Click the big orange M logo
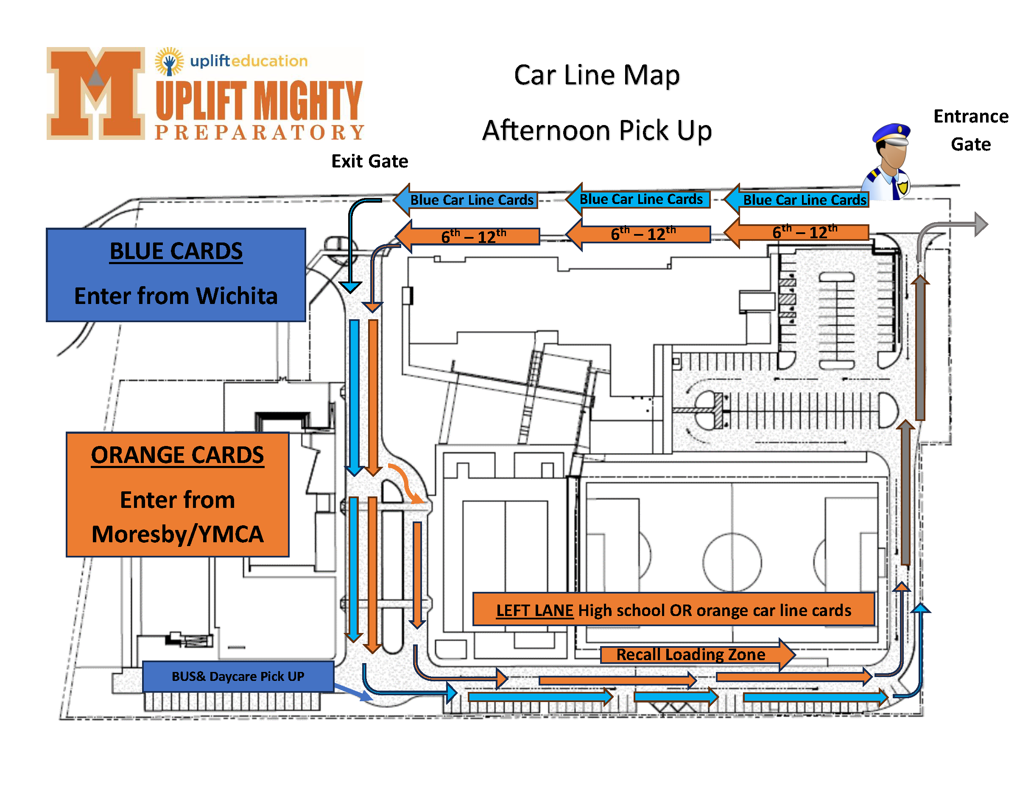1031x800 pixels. (95, 93)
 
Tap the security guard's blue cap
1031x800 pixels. (891, 132)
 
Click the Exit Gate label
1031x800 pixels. (370, 162)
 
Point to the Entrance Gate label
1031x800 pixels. (971, 130)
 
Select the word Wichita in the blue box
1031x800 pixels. (237, 296)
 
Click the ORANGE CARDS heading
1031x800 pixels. (178, 455)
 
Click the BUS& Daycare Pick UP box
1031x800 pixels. (238, 676)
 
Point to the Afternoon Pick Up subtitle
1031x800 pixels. (597, 130)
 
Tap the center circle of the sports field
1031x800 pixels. (732, 562)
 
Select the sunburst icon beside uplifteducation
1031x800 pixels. (169, 61)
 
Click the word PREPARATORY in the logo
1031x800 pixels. (260, 133)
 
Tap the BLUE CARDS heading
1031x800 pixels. (176, 251)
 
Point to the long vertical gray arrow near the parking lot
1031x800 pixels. (920, 349)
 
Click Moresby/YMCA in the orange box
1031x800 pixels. (178, 534)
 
